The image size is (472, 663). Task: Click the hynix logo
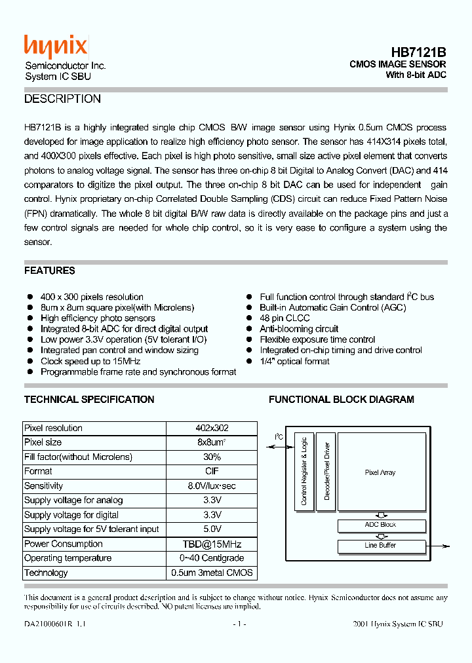(56, 47)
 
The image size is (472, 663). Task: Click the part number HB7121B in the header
(418, 52)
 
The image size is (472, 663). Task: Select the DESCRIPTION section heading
(62, 99)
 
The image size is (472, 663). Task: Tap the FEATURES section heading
(50, 271)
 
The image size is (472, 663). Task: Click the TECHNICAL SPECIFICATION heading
(89, 400)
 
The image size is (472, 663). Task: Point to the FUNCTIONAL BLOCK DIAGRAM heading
(341, 400)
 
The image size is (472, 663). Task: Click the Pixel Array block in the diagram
(380, 472)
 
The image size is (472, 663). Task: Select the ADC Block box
(381, 525)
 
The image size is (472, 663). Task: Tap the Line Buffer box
(381, 546)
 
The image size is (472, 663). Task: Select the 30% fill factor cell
(212, 457)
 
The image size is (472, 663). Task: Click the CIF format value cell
(212, 471)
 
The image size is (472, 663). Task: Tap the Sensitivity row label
(44, 486)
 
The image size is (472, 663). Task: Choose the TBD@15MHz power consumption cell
(212, 544)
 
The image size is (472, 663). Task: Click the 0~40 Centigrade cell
(212, 558)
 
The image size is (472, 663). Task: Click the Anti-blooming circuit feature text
(299, 329)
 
